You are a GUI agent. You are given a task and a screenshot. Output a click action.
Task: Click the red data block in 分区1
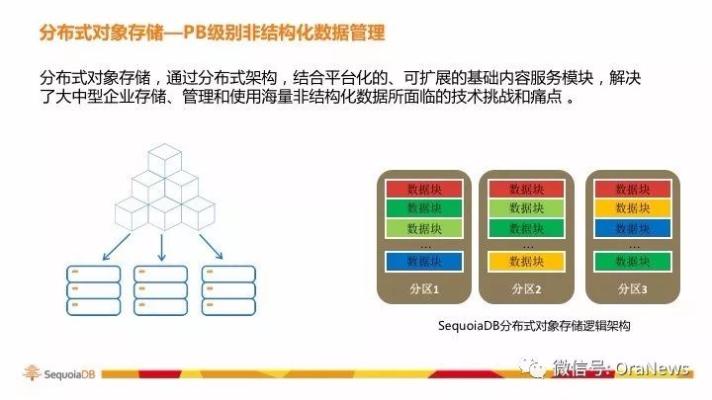pos(424,189)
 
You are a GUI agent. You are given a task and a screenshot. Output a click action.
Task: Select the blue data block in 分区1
pos(424,261)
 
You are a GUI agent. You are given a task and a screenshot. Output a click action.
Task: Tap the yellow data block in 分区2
pos(527,261)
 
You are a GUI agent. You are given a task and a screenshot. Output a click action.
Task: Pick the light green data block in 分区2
pos(527,208)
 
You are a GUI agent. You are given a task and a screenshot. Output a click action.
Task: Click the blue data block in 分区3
pos(633,228)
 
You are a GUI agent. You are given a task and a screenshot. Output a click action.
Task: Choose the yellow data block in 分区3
pos(633,208)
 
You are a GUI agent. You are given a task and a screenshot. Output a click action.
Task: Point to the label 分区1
pos(424,288)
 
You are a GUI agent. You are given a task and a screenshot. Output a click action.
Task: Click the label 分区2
pos(527,288)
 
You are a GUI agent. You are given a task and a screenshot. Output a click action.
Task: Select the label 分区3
pos(633,288)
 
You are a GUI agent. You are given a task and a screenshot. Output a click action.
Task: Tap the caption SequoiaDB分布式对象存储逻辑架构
pos(534,326)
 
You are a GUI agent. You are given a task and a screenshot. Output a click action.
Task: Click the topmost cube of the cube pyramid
pos(165,161)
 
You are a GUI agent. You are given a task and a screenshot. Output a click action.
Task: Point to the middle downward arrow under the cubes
pos(161,247)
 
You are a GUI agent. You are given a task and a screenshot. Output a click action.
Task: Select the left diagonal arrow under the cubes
pos(117,247)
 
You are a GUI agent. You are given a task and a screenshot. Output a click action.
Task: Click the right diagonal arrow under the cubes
pos(212,246)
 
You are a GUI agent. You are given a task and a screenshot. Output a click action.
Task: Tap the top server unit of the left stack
pos(94,274)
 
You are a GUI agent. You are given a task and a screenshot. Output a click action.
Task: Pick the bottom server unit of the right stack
pos(228,306)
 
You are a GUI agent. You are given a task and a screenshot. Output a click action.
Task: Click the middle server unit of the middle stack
pos(161,290)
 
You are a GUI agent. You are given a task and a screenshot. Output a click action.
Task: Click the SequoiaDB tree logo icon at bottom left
pos(32,372)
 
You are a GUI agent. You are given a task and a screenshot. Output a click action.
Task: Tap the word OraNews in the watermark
pos(652,368)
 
